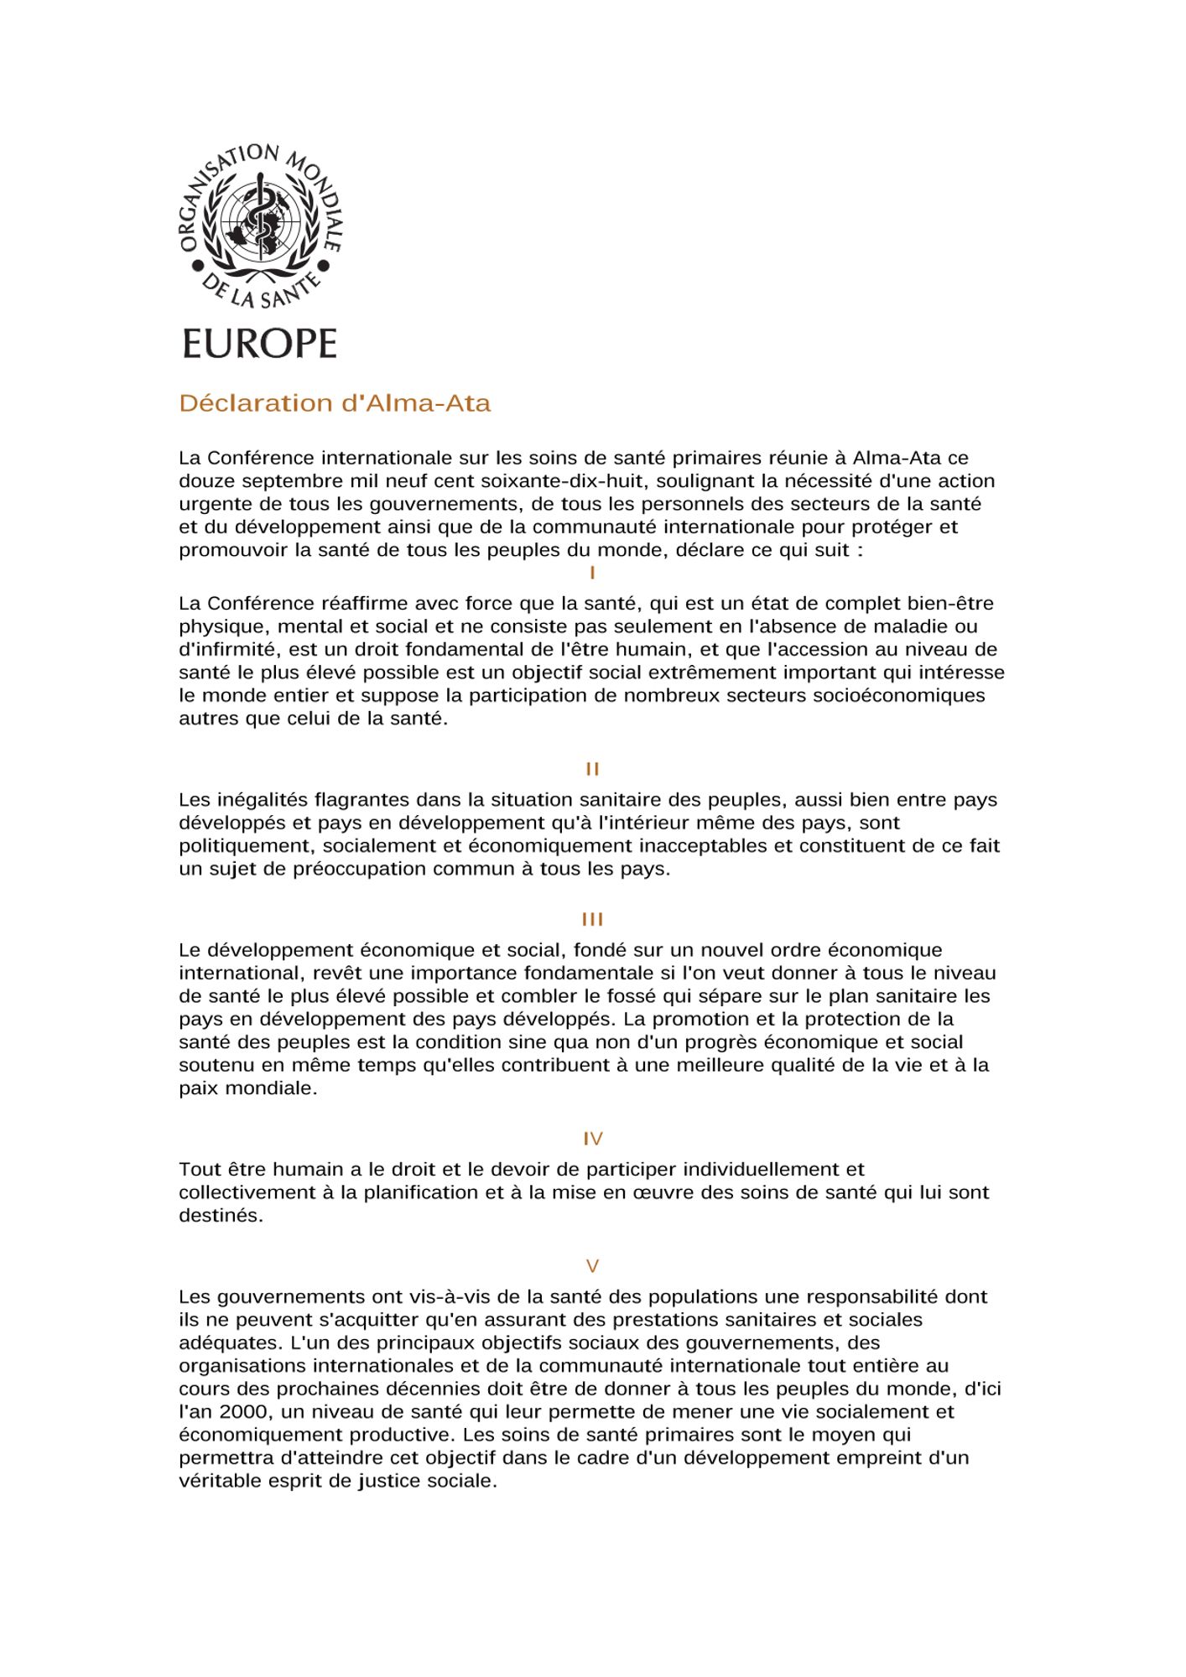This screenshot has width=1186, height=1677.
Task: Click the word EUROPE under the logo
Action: [259, 344]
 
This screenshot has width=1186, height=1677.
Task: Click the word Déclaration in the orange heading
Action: [256, 403]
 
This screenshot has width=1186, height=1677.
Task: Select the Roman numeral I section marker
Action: [592, 574]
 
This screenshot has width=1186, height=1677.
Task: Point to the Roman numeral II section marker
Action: [592, 769]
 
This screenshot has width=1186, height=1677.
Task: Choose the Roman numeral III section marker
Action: [592, 920]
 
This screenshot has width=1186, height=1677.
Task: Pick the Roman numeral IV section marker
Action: [592, 1139]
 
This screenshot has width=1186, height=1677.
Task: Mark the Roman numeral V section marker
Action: [592, 1266]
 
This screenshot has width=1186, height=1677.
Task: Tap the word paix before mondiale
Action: [198, 1088]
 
